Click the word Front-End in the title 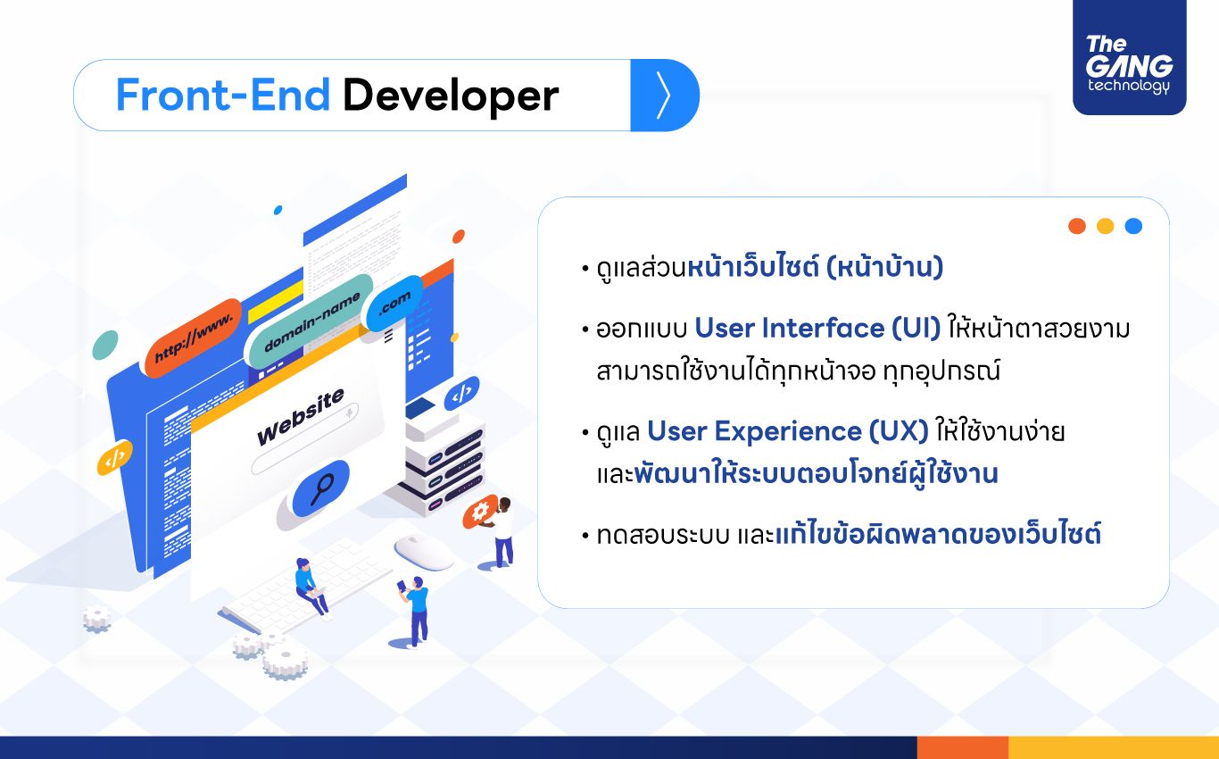[x=223, y=95]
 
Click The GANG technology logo [x=1129, y=58]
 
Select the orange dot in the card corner [x=1077, y=226]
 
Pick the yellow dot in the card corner [x=1106, y=226]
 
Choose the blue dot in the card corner [x=1133, y=226]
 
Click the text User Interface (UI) [x=817, y=329]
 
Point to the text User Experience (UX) [x=787, y=432]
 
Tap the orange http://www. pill [x=194, y=338]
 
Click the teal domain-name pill [x=311, y=321]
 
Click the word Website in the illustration [x=301, y=416]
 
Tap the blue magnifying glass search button [x=321, y=488]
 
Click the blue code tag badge [x=461, y=393]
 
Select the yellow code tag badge [x=115, y=457]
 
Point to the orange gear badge [x=480, y=511]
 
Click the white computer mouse [x=424, y=552]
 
